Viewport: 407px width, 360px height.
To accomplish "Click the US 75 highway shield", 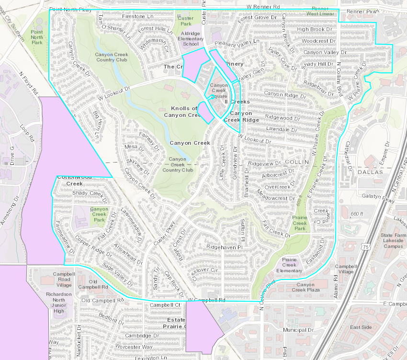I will point(365,246).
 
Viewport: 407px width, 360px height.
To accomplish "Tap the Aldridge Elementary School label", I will point(190,38).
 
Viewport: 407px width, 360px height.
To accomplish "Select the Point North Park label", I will point(37,37).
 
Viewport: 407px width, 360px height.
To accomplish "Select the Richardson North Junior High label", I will point(59,302).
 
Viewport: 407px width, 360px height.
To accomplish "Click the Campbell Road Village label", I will point(64,279).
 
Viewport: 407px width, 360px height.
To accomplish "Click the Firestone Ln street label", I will point(137,16).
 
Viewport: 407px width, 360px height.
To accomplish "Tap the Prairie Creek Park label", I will point(300,223).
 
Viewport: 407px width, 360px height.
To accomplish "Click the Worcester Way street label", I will point(134,347).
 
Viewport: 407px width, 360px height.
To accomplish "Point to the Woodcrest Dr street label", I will point(318,41).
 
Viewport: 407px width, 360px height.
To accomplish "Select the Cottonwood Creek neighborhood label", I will point(74,180).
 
